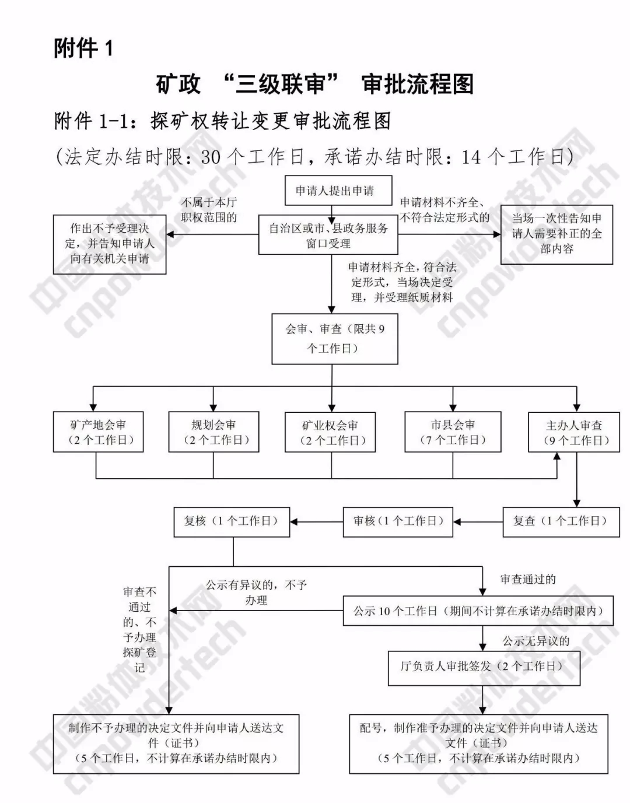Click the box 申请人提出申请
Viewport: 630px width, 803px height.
point(338,190)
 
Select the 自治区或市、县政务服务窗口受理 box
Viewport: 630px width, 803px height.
point(328,236)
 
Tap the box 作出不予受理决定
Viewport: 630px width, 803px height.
point(110,244)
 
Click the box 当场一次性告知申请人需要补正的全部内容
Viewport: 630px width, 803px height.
point(556,234)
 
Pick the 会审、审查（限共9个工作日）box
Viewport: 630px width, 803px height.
point(335,339)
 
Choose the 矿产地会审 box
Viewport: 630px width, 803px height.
point(98,432)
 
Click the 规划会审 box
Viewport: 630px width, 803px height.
point(213,432)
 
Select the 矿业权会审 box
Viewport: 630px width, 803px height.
point(330,433)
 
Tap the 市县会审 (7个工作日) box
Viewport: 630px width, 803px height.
point(453,432)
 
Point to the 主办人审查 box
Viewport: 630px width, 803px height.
point(574,433)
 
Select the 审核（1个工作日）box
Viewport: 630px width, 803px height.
point(398,521)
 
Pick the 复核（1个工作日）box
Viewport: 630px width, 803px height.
point(232,521)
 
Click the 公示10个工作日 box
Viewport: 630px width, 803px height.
point(478,611)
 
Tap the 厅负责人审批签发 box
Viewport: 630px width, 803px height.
point(484,667)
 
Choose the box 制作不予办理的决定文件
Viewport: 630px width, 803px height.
point(176,744)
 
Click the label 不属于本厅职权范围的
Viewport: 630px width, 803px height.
point(209,210)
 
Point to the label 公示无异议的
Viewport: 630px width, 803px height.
point(536,641)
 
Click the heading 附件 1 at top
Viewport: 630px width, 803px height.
point(83,47)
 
